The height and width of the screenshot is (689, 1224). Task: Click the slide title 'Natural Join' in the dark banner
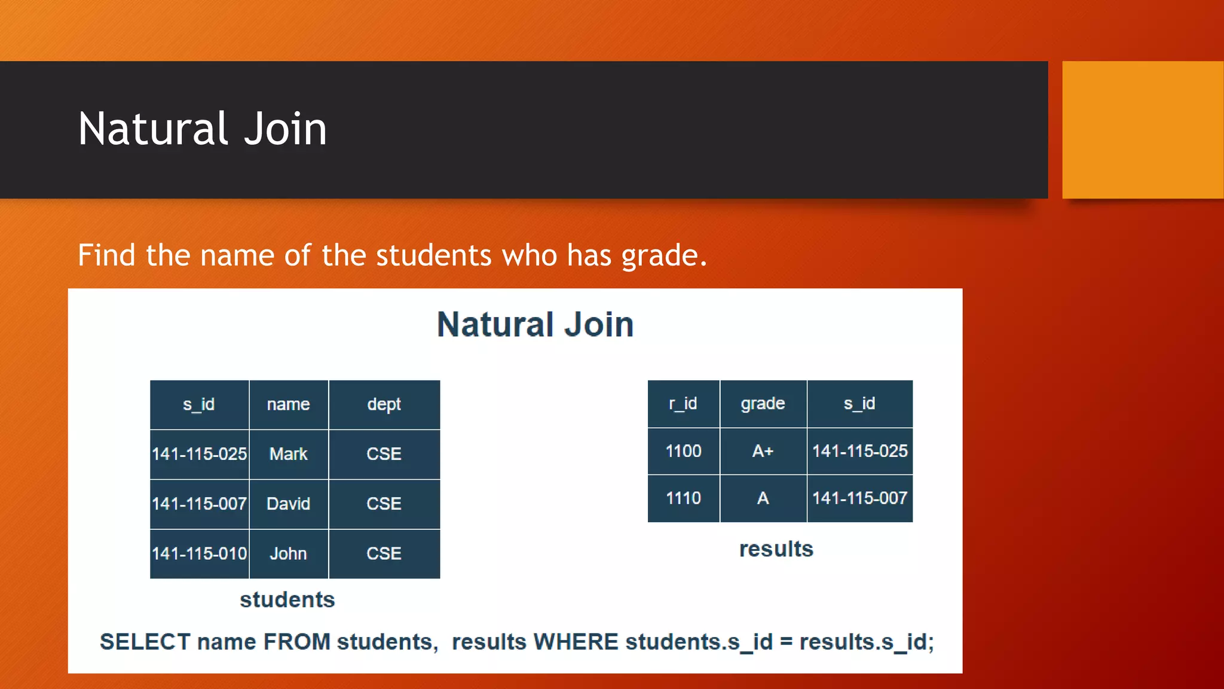[x=202, y=129]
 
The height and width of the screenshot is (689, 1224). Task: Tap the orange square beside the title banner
[x=1142, y=129]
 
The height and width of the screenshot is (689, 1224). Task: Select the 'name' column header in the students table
[x=288, y=404]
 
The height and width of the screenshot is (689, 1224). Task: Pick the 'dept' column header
[x=384, y=404]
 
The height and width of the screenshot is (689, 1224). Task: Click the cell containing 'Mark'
[x=288, y=454]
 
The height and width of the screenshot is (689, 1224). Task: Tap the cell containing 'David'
[x=288, y=504]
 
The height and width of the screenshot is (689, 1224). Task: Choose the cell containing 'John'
[x=288, y=553]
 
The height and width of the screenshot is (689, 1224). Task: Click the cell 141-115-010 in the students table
[x=199, y=553]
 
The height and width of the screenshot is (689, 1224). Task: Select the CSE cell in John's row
[x=384, y=553]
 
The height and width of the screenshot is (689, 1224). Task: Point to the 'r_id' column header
[x=683, y=404]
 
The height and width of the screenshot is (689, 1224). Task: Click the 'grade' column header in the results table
[x=763, y=404]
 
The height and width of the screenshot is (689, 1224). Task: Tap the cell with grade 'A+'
[x=763, y=451]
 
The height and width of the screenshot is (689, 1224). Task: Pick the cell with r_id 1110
[x=683, y=498]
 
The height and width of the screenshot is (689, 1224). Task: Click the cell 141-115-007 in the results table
[x=859, y=498]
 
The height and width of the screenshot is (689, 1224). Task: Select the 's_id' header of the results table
[x=859, y=404]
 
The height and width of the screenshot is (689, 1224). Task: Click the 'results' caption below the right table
[x=776, y=549]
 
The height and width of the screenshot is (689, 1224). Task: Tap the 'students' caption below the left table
[x=287, y=599]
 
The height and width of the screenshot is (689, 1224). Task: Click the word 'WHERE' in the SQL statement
[x=576, y=642]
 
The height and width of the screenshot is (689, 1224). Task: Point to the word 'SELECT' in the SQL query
[x=145, y=642]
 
